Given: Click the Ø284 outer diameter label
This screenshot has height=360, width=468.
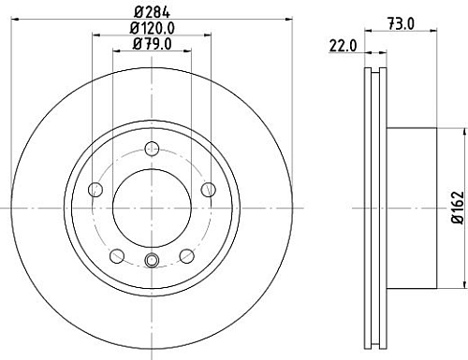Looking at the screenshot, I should [x=151, y=12].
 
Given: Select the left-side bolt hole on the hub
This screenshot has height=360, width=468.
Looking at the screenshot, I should [x=95, y=190].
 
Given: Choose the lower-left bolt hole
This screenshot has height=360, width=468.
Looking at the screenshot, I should [x=116, y=255].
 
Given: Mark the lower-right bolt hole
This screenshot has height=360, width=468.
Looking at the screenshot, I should [x=186, y=255].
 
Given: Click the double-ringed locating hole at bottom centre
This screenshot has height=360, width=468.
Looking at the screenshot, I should [x=152, y=261].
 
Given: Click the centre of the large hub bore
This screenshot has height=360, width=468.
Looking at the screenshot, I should [x=152, y=207].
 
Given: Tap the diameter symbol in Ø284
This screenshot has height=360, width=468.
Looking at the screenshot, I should [x=137, y=12].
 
